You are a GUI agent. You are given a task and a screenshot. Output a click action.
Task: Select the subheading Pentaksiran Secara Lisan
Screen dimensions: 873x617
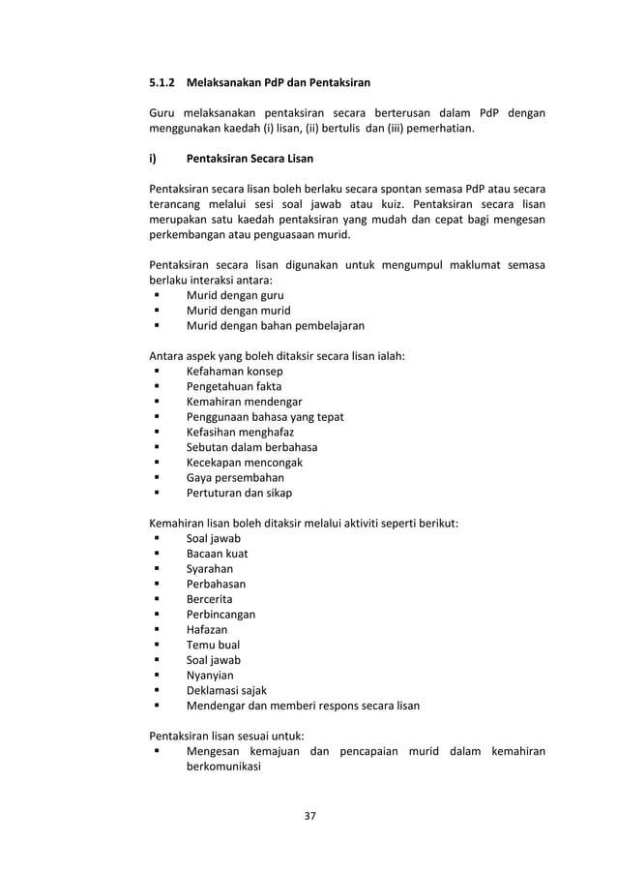(x=250, y=158)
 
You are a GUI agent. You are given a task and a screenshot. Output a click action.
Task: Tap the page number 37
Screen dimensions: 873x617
(x=309, y=816)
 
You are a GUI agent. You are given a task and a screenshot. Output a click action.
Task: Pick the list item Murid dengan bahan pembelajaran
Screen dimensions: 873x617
(x=276, y=325)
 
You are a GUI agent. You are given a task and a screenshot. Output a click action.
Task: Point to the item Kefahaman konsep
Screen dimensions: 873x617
(x=235, y=371)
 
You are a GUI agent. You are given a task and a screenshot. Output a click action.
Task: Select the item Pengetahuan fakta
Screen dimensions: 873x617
(x=234, y=386)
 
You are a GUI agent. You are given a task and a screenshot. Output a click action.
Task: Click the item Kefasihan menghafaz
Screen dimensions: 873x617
(x=240, y=432)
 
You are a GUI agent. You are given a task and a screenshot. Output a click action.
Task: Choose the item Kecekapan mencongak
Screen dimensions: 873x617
(x=244, y=463)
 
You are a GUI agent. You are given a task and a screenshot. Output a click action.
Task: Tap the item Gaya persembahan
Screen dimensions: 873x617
(x=235, y=477)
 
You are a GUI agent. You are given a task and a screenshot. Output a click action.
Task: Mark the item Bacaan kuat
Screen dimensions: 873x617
(x=217, y=554)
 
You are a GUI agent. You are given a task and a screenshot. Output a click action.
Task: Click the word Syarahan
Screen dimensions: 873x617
(x=210, y=569)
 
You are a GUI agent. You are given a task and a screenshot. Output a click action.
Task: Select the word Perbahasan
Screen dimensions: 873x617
(x=216, y=584)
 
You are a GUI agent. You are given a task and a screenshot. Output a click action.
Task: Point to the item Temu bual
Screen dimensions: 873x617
(x=213, y=645)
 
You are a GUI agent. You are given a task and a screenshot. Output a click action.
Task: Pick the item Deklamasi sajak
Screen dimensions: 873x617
(x=226, y=690)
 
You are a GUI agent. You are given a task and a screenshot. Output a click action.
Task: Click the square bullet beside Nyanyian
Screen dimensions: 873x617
(x=156, y=676)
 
